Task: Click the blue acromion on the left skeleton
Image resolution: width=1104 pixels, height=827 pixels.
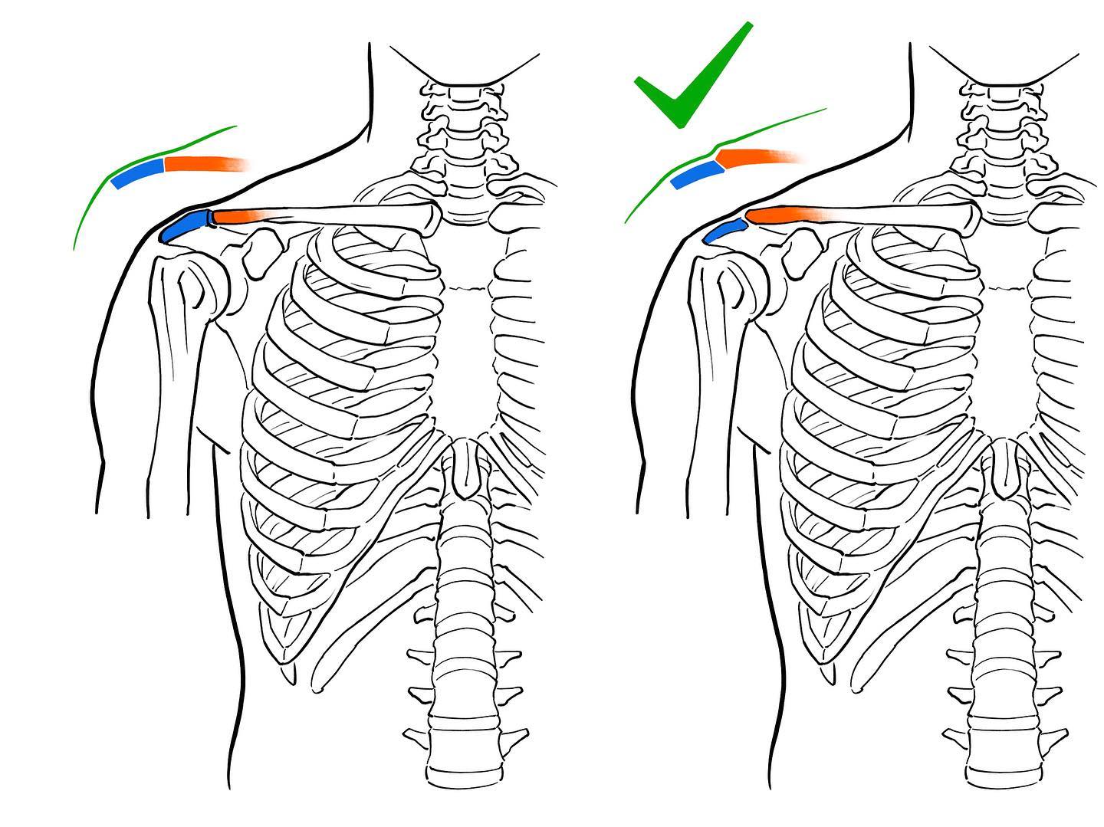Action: tap(185, 225)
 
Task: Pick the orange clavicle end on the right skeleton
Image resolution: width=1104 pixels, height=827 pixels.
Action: tap(774, 214)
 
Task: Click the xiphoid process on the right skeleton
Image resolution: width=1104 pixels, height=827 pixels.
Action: tap(1004, 468)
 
